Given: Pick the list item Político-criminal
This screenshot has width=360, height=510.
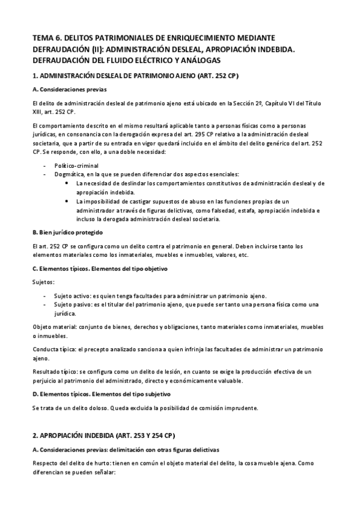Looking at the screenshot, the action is [77, 165].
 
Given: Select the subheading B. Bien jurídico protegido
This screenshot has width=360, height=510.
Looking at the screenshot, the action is [67, 232].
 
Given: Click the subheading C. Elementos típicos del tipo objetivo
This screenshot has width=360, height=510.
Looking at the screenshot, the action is [99, 268].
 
